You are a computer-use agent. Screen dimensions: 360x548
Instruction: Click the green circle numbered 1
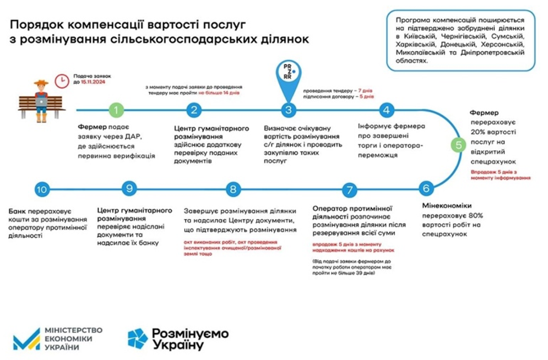(x=116, y=110)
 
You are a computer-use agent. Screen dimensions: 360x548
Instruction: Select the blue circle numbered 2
(x=193, y=110)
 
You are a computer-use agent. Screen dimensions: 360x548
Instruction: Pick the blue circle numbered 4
(x=387, y=110)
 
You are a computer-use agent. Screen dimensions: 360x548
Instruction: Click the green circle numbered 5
(x=458, y=145)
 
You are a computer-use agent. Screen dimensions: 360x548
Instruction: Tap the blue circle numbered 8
(x=233, y=190)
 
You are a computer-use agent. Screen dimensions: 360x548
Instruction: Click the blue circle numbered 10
(x=42, y=190)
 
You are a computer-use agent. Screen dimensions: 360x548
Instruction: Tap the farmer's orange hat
(x=41, y=83)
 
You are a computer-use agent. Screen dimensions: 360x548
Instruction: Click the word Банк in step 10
(x=19, y=211)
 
